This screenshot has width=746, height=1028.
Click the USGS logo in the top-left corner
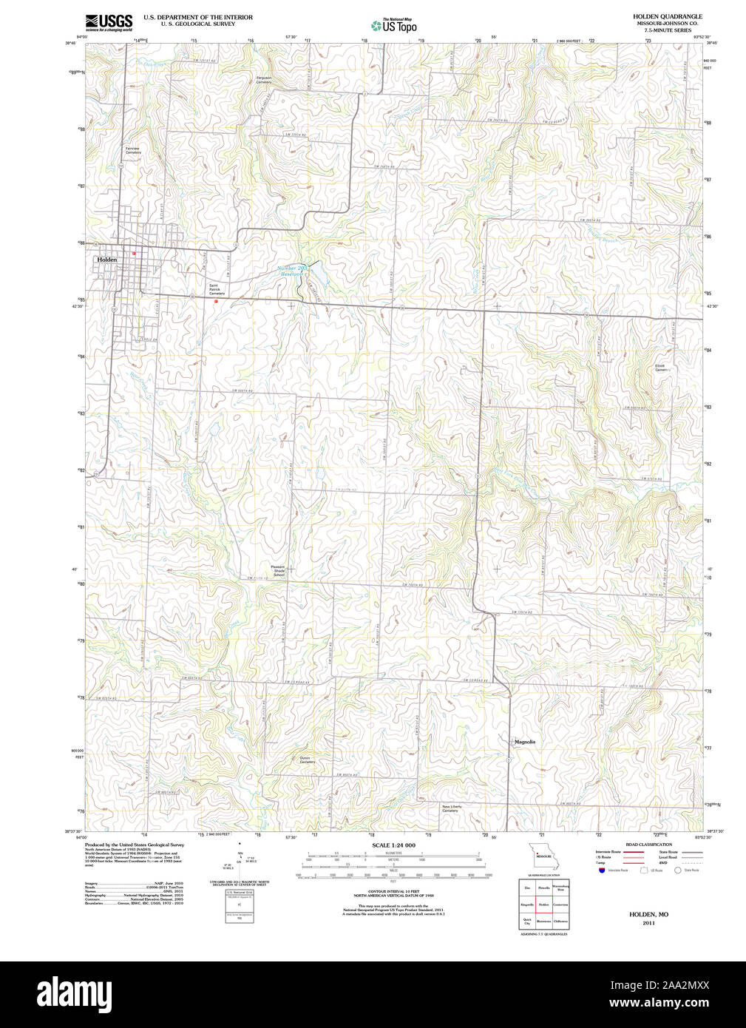tap(109, 22)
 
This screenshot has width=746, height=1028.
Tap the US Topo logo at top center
tap(394, 25)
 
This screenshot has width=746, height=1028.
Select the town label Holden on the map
tap(106, 260)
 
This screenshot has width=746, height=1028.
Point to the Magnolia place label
tap(524, 741)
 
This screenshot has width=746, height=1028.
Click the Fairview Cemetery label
tap(132, 150)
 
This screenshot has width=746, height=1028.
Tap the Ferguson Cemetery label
tap(264, 80)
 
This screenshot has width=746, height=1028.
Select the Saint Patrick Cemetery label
tap(216, 289)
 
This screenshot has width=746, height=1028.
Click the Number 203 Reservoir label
tap(291, 271)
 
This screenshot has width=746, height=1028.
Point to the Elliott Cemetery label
tap(662, 368)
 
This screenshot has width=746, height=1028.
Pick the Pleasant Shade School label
tap(278, 571)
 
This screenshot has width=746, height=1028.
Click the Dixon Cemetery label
tap(307, 760)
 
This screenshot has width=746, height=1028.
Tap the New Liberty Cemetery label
tap(451, 808)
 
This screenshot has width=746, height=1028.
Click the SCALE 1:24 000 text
tap(393, 845)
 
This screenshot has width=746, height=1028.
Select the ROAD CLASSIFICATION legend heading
tap(648, 845)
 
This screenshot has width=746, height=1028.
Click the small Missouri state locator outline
tap(543, 855)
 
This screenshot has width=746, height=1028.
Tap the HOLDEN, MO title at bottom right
tap(648, 915)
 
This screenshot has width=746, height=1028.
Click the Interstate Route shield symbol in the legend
tap(601, 870)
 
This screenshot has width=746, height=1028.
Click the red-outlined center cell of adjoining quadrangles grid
tap(543, 904)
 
